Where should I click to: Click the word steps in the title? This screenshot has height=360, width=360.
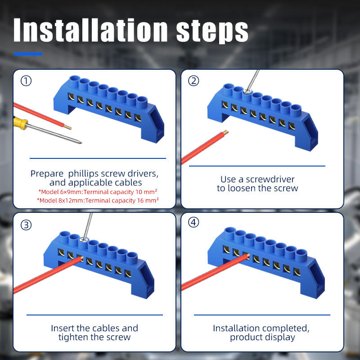[212, 31]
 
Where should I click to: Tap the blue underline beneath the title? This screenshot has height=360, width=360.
[28, 54]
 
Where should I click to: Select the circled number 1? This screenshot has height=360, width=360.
[26, 81]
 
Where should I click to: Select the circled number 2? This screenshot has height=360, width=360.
[193, 81]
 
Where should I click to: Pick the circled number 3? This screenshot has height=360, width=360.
[26, 225]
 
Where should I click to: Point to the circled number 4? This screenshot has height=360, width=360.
[193, 222]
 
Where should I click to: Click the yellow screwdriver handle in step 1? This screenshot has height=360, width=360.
[20, 123]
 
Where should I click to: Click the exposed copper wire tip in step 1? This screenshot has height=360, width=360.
[68, 127]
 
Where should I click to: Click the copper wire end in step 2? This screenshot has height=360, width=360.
[226, 132]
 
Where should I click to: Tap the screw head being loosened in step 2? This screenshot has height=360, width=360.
[247, 92]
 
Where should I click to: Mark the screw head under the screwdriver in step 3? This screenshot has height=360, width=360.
[83, 240]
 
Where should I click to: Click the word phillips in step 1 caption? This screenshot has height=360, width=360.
[84, 174]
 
